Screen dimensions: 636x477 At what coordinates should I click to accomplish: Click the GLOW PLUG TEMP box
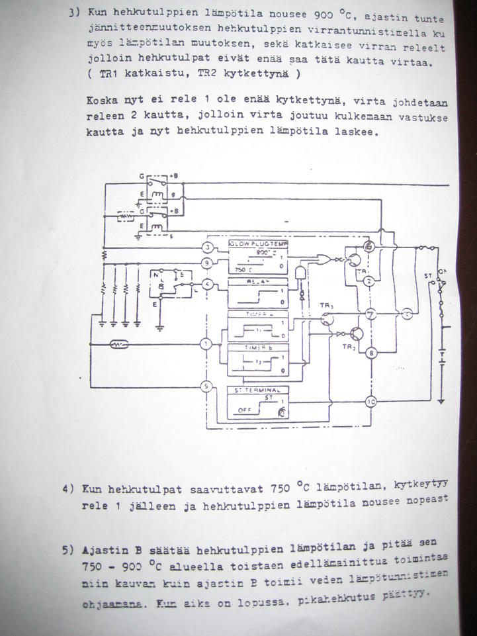[x=259, y=258]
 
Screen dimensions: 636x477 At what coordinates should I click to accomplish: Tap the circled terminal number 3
[x=207, y=247]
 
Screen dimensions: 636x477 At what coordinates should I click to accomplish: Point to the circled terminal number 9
[x=207, y=263]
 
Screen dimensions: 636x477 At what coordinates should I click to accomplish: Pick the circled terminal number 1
[x=207, y=344]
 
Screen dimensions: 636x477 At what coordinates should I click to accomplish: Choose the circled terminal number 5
[x=207, y=386]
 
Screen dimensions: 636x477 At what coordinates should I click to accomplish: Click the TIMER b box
[x=259, y=359]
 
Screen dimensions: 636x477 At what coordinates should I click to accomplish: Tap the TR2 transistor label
[x=348, y=347]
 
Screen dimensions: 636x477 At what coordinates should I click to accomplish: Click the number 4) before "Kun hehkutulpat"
[x=67, y=490]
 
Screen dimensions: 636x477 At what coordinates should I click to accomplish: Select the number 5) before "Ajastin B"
[x=67, y=549]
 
